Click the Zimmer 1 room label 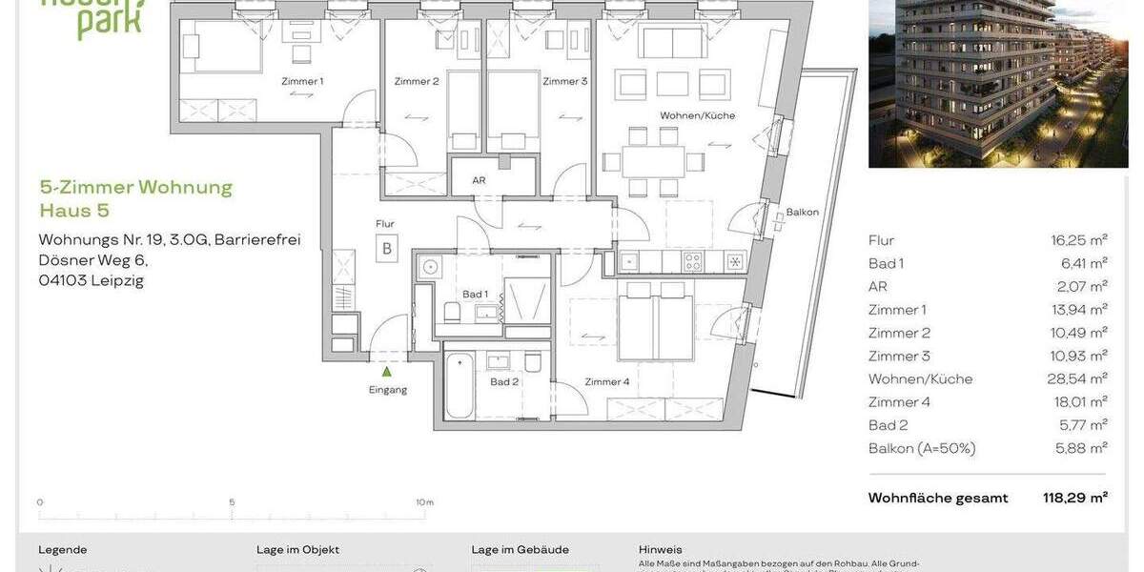click(302, 81)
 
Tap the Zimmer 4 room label click(607, 382)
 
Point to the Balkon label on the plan click(802, 213)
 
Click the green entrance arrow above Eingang click(387, 373)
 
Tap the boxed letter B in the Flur click(386, 251)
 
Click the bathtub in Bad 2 click(460, 386)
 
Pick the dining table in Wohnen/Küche click(654, 159)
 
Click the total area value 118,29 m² click(1074, 498)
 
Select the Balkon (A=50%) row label click(921, 448)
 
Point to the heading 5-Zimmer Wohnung click(135, 187)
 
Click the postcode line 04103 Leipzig click(91, 280)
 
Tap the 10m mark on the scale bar click(424, 502)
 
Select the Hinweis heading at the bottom click(660, 550)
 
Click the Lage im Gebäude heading click(520, 550)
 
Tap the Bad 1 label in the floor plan click(475, 295)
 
